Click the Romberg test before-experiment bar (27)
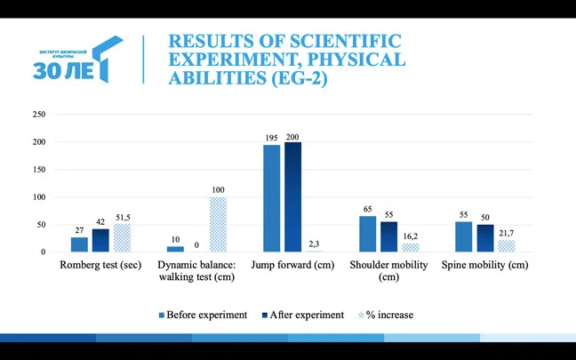click(79, 244)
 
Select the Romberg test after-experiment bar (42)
click(100, 240)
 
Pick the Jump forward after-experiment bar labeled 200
click(292, 196)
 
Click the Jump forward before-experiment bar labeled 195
click(271, 198)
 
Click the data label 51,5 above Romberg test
click(122, 217)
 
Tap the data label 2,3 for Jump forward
click(314, 244)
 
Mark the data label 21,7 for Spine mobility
click(506, 233)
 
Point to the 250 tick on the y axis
click(38, 115)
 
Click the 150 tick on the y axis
click(38, 170)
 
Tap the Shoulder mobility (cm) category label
click(388, 270)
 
